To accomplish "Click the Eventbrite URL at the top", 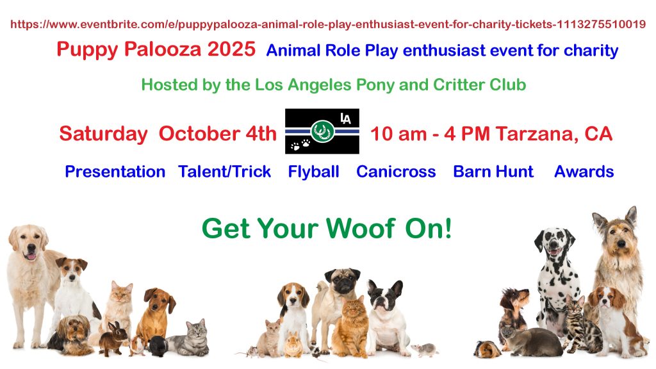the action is pyautogui.click(x=328, y=24).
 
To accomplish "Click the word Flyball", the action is pyautogui.click(x=313, y=172).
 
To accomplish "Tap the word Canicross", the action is pyautogui.click(x=396, y=172).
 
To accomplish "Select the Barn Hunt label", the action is pyautogui.click(x=493, y=172).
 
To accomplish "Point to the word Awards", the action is pyautogui.click(x=584, y=172).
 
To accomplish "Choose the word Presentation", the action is pyautogui.click(x=115, y=172).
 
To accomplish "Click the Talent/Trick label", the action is pyautogui.click(x=225, y=172).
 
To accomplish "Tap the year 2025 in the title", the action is pyautogui.click(x=231, y=49).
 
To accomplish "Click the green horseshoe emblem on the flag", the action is pyautogui.click(x=322, y=131).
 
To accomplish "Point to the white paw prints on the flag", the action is pyautogui.click(x=300, y=145).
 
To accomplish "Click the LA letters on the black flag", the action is pyautogui.click(x=345, y=119).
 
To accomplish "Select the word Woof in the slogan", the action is pyautogui.click(x=361, y=229).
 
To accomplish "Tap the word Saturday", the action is pyautogui.click(x=103, y=134).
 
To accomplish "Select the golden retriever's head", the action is pyautogui.click(x=28, y=243).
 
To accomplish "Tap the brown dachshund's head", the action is pyautogui.click(x=160, y=300).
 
